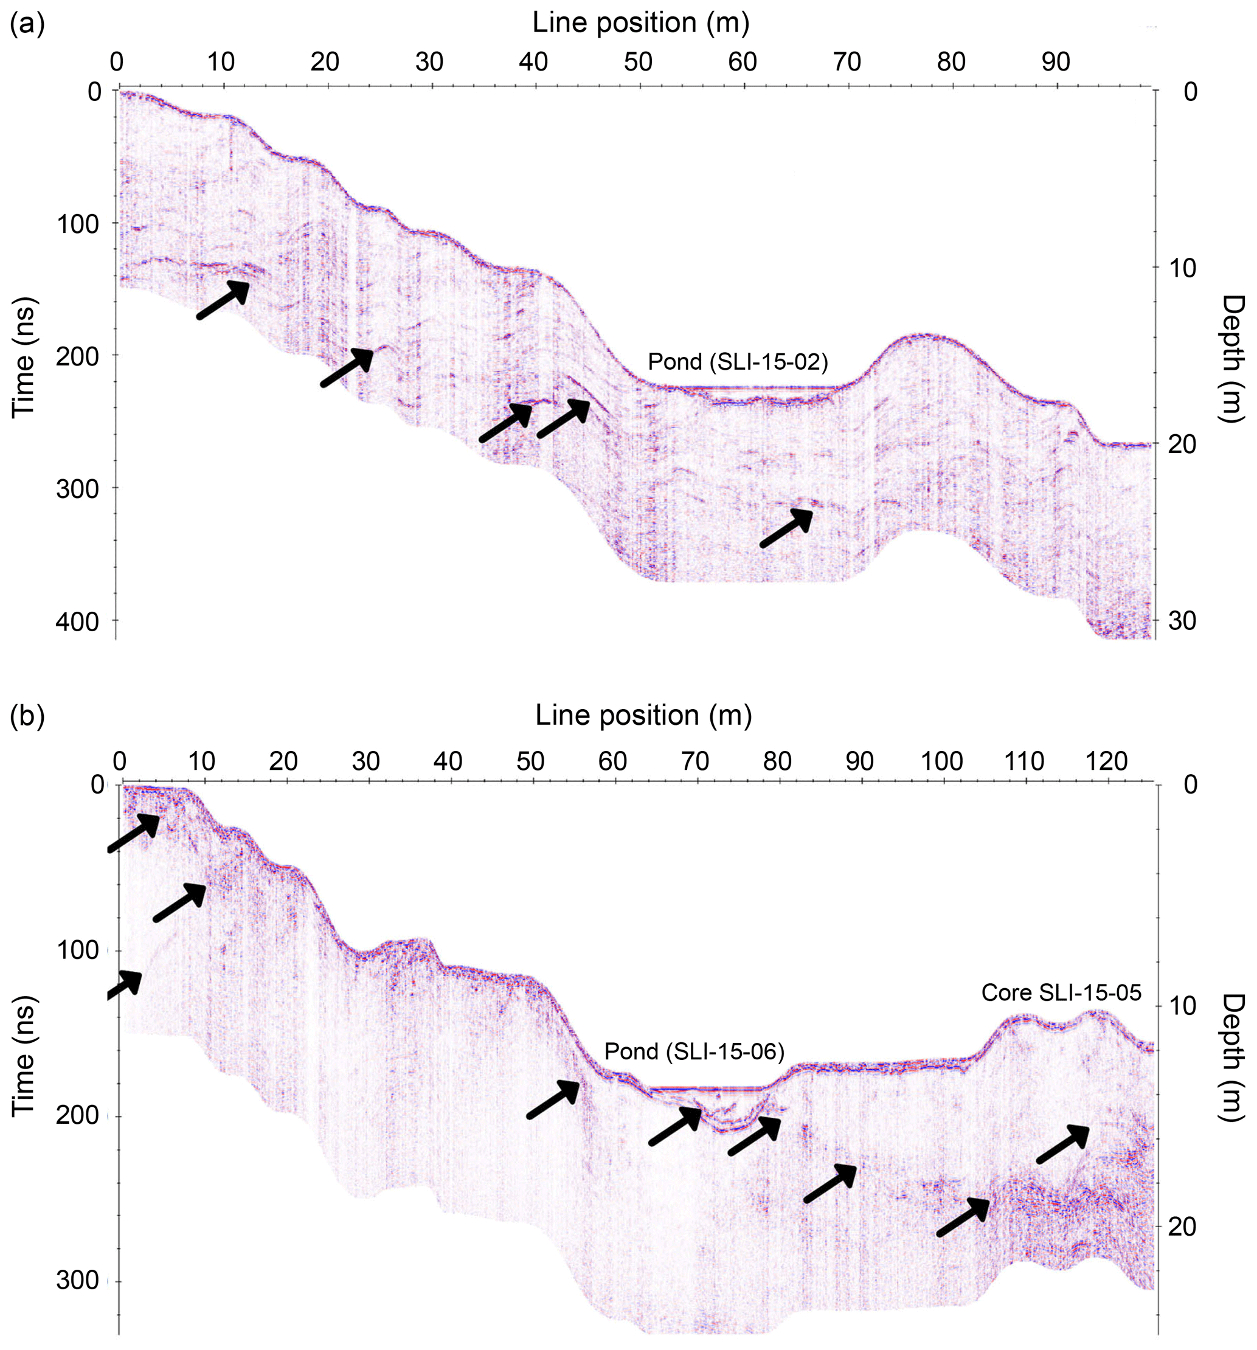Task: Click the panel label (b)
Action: pos(28,716)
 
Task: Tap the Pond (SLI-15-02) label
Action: pos(738,362)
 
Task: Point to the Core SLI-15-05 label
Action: pos(1061,994)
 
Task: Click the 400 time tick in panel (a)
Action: pos(78,621)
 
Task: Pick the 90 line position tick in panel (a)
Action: pos(1055,63)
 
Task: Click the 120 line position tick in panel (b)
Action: pos(1106,761)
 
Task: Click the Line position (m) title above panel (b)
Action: pos(643,716)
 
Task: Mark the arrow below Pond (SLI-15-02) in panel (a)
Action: pos(786,528)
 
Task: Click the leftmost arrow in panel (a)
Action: pos(223,299)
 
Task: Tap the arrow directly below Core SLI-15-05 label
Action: pos(1064,1144)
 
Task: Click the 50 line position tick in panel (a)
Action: pos(638,63)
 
